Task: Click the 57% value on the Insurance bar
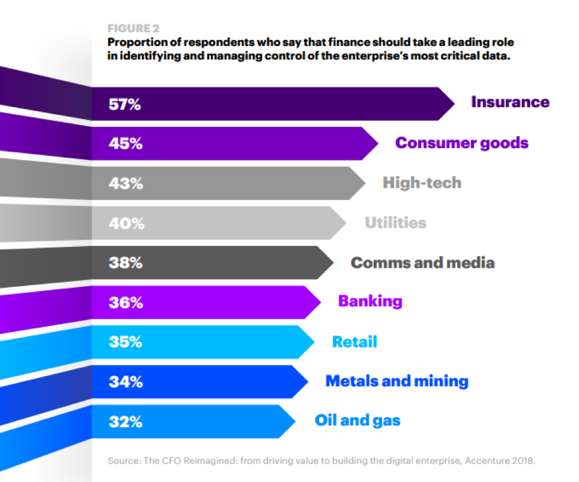point(125,105)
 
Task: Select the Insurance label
point(510,102)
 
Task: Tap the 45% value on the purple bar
point(125,144)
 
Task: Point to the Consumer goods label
point(462,143)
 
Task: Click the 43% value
point(125,184)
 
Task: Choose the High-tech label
point(421,183)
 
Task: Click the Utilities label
point(395,223)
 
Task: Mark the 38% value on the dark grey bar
point(125,263)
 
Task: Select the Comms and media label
point(422,262)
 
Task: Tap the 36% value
point(125,303)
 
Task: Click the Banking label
point(370,301)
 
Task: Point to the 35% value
point(125,343)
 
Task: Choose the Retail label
point(354,342)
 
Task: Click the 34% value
point(125,383)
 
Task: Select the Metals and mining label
point(397,381)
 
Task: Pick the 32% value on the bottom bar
point(125,422)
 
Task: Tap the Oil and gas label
point(357,421)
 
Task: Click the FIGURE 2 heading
point(134,29)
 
